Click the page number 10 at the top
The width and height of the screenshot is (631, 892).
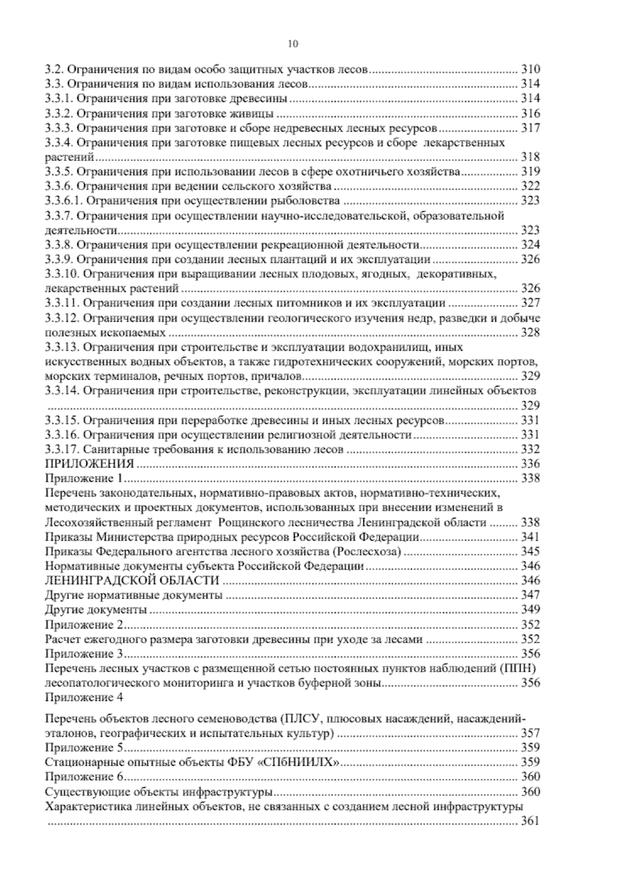tap(293, 44)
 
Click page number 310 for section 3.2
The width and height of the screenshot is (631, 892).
tap(530, 69)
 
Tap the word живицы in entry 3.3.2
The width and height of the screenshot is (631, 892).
tap(256, 113)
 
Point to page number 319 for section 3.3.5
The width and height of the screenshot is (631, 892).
tap(530, 171)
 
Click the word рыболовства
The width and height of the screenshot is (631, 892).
tap(312, 200)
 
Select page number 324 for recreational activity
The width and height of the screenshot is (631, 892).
tap(530, 245)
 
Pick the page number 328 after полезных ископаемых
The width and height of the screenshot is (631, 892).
tap(530, 332)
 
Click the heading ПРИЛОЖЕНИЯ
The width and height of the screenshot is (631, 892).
tap(89, 463)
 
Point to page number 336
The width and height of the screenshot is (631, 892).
tap(530, 463)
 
